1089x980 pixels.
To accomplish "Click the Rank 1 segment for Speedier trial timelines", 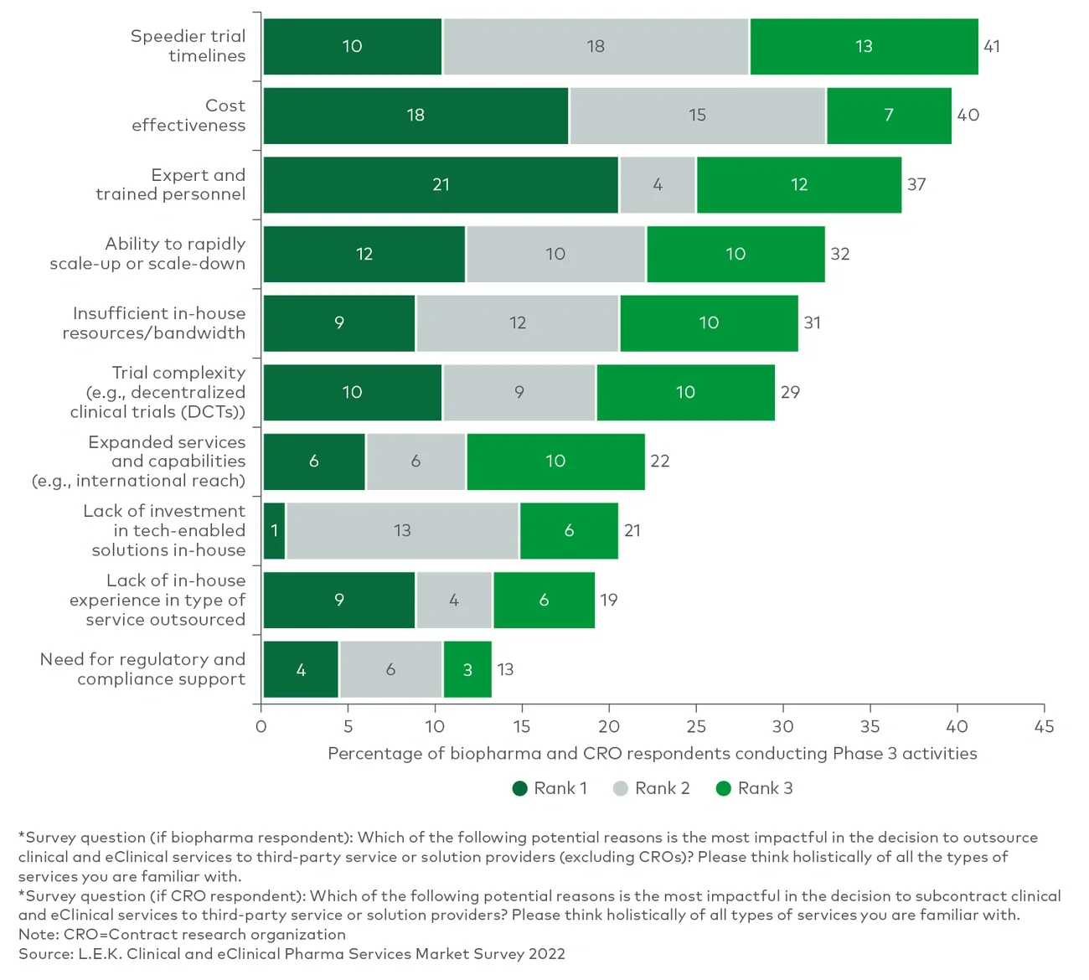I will [x=352, y=47].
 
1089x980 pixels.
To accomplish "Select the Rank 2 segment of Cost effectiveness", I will [x=697, y=116].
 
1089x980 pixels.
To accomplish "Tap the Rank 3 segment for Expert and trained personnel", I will [x=798, y=185].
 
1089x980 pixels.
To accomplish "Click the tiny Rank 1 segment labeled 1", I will [x=274, y=531].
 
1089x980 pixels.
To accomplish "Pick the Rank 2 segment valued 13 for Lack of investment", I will [x=402, y=531].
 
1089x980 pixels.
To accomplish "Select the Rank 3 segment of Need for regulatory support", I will [x=467, y=670].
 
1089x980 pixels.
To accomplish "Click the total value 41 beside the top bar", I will [x=992, y=47].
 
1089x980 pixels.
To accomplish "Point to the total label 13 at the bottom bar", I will [x=505, y=670].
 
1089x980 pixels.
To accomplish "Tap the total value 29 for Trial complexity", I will [x=790, y=393].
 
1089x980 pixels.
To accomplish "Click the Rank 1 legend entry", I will [x=550, y=788].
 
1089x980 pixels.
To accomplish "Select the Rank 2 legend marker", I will [x=621, y=788].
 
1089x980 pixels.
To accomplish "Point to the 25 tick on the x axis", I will [x=696, y=726].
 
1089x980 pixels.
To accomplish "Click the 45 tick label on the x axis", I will [x=1044, y=726].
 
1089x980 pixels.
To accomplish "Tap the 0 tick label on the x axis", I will [x=261, y=726].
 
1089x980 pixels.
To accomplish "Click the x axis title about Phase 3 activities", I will [x=652, y=754].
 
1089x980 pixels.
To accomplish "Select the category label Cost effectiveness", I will [x=188, y=116].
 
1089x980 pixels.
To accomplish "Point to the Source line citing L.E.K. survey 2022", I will [x=292, y=954].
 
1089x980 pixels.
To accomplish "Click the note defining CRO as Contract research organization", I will [x=182, y=935].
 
